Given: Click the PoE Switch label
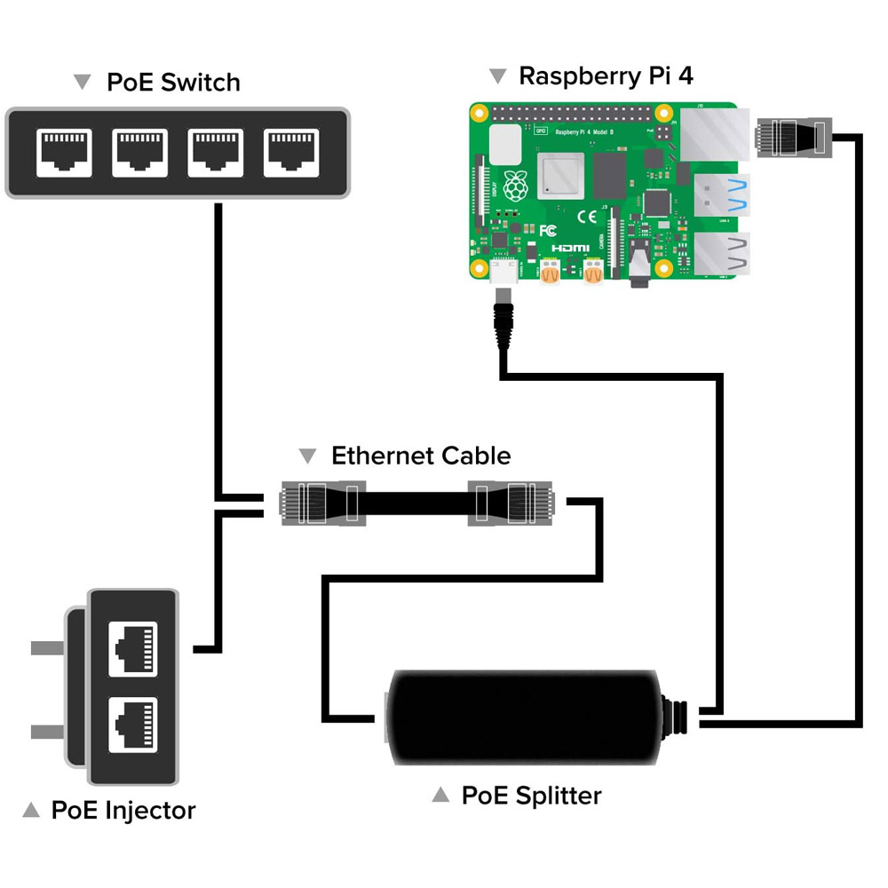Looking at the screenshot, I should point(173,83).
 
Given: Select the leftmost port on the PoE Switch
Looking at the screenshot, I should point(64,152).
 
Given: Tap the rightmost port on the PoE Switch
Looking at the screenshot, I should point(292,152).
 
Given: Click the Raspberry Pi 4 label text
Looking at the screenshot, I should point(606,75).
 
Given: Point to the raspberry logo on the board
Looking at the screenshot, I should point(513,186).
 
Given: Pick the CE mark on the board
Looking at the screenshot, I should point(587,216).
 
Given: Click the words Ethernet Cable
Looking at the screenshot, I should point(421,456).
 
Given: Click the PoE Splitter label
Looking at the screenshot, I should point(531,795).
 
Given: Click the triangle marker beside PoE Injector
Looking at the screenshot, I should point(32,810).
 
